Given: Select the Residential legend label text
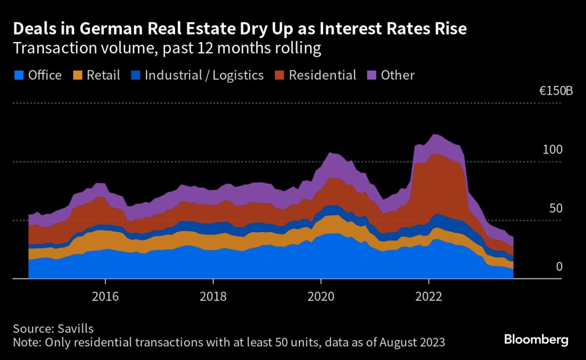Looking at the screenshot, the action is point(322,75).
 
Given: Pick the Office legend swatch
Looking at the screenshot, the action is point(19,75).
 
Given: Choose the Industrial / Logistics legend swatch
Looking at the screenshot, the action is point(136,75).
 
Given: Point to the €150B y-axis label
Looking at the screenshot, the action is point(556,91).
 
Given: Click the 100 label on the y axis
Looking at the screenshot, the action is point(552,149).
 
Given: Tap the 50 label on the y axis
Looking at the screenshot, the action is point(556,209).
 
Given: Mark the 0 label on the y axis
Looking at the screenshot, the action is point(559,267).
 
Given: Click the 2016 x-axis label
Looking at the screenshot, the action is point(105,296).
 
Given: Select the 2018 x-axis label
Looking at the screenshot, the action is point(213,296).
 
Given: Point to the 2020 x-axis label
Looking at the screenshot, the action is point(321,296).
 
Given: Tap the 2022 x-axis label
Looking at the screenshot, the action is point(429,296).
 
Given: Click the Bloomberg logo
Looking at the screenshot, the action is point(536,340).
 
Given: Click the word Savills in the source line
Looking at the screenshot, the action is point(76,329).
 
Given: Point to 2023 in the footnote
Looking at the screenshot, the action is point(431,342).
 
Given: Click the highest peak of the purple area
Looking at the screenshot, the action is point(435,135).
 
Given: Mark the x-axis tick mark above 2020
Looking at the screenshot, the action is point(321,281).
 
